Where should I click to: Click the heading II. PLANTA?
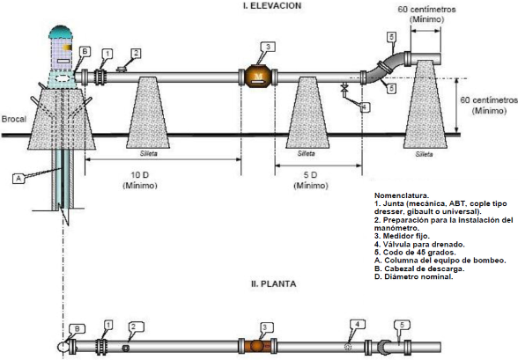coord(273,283)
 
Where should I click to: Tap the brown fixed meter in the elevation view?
coord(258,77)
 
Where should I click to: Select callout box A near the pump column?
coord(18,179)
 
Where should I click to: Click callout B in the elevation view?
coord(85,52)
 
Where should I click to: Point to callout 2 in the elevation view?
coord(136,53)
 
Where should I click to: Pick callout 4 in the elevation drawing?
coord(364,107)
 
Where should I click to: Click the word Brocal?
coord(13,119)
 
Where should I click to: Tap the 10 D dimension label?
coord(140,175)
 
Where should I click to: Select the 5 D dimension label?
coord(310,175)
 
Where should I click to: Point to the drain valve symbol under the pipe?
coord(344,88)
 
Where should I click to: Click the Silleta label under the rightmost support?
coord(424,154)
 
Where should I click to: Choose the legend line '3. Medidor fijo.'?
coord(402,236)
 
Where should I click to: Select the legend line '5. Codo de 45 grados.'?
coord(415,253)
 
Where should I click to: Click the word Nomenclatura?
coord(402,195)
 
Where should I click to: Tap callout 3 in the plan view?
coord(266,327)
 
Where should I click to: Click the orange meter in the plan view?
coord(256,346)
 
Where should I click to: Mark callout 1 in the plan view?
coord(107,325)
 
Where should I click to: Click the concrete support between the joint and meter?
coord(148,113)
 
